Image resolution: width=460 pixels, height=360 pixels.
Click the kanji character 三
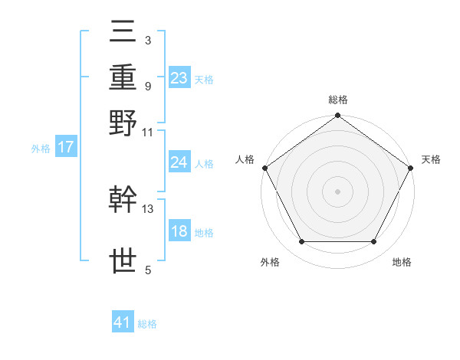coord(123,34)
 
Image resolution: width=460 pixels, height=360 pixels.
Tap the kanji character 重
coord(123,78)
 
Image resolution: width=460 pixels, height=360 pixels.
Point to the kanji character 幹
coord(123,201)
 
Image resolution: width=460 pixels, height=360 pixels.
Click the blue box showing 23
coord(179,78)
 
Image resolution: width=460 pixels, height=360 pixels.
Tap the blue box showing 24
coord(179,162)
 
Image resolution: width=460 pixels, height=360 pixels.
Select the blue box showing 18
coord(179,231)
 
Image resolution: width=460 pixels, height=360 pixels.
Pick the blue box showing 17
coord(66,148)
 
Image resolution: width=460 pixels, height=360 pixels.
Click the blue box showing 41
coord(123,323)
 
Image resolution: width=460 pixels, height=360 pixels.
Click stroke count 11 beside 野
coord(148,131)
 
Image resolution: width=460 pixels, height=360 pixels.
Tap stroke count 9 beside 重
coord(148,86)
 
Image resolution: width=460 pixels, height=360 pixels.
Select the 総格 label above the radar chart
coord(337,100)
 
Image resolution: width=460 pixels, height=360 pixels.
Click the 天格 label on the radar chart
coord(431,159)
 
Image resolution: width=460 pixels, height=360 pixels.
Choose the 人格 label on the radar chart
coord(245,159)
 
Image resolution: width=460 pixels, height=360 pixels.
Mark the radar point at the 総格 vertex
coord(337,116)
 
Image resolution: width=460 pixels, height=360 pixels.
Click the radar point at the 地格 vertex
coord(374,242)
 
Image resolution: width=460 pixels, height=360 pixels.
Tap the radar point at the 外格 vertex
coord(301,242)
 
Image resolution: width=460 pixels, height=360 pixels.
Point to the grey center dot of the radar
coord(337,191)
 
